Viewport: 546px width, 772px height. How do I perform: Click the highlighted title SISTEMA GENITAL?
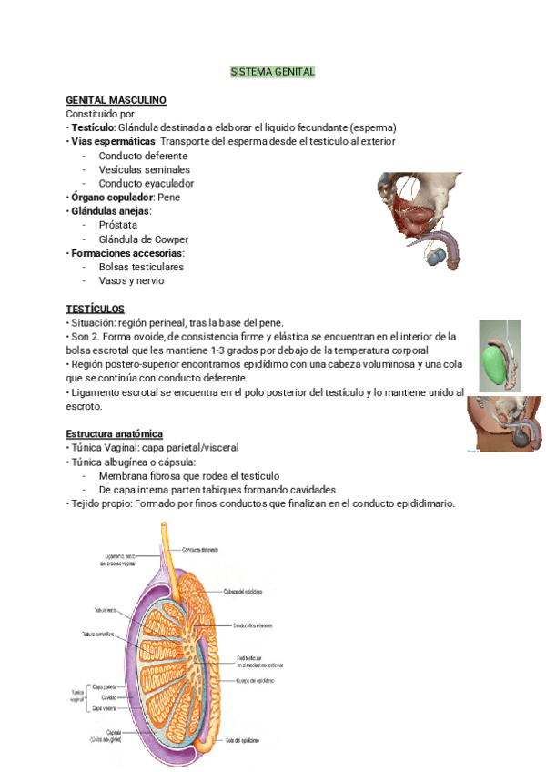coord(272,71)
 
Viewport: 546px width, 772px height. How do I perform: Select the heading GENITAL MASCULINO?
coord(116,99)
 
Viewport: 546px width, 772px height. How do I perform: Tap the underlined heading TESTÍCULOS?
coord(96,310)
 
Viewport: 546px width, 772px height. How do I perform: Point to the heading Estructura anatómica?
coord(115,434)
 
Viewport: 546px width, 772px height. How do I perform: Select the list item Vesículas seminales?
coord(145,169)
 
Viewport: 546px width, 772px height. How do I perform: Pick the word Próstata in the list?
coord(118,225)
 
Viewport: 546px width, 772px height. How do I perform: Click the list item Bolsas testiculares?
coord(141,268)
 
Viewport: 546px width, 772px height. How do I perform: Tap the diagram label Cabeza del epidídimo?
coord(243,591)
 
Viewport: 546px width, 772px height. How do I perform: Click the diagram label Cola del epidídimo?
coord(241,741)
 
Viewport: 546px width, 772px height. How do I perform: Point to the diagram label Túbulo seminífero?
coord(97,633)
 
